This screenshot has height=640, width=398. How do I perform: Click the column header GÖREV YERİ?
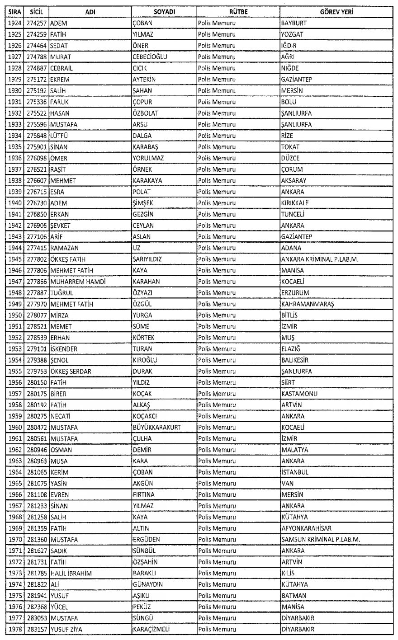click(x=335, y=12)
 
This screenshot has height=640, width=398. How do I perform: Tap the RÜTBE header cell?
click(x=237, y=12)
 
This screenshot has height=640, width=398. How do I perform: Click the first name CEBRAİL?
click(x=62, y=68)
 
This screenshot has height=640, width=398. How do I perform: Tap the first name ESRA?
click(x=57, y=192)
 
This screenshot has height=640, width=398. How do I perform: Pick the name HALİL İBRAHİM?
click(x=71, y=573)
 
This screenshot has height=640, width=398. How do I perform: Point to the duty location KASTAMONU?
click(x=299, y=394)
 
